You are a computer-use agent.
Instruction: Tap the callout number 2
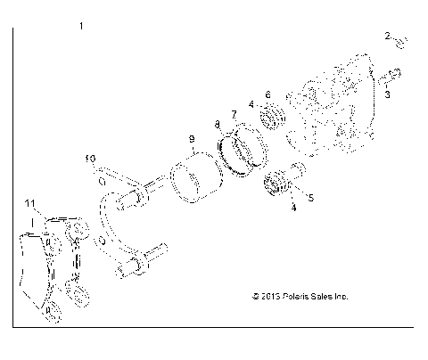pyautogui.click(x=388, y=37)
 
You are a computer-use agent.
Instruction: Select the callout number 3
pyautogui.click(x=388, y=92)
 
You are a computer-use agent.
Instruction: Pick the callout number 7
pyautogui.click(x=234, y=114)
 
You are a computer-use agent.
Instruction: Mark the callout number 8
pyautogui.click(x=218, y=125)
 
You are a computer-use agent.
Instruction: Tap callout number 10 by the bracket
pyautogui.click(x=90, y=159)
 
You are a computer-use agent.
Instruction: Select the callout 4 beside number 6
pyautogui.click(x=252, y=104)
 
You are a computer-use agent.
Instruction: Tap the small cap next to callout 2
pyautogui.click(x=400, y=42)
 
